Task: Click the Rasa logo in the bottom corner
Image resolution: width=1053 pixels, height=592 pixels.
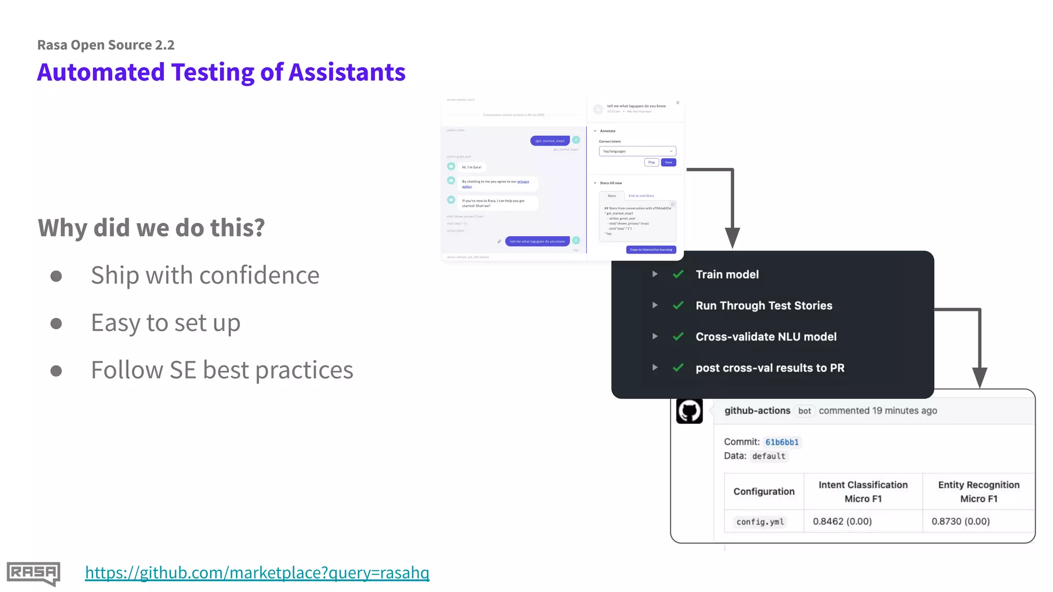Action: (x=33, y=573)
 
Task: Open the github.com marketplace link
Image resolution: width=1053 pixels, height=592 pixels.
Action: (x=257, y=572)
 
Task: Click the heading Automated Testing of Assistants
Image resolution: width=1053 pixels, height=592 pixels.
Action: (x=221, y=72)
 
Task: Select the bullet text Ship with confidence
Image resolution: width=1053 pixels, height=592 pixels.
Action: (x=205, y=275)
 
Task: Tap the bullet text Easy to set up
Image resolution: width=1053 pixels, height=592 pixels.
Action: (x=166, y=323)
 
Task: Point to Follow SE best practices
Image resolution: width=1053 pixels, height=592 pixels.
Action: (x=222, y=370)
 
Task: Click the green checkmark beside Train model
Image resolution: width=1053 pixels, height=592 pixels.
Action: (x=678, y=274)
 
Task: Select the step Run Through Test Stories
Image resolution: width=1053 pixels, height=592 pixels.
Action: (x=764, y=306)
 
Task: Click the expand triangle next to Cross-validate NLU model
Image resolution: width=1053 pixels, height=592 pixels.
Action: (x=655, y=337)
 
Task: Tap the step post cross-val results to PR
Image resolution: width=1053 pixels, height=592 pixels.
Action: (x=770, y=368)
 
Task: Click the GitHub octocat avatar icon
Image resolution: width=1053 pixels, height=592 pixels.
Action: (x=689, y=411)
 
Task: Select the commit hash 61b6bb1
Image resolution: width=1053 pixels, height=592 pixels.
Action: (x=782, y=442)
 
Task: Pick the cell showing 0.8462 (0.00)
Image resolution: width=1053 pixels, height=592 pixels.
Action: (x=842, y=521)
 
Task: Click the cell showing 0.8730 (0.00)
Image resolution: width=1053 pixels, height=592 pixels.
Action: (x=960, y=521)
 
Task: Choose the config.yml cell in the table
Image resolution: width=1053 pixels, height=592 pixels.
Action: (x=760, y=522)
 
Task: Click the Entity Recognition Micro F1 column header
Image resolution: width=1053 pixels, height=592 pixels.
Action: (x=978, y=491)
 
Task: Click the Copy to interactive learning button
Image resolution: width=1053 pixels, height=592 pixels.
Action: (x=651, y=250)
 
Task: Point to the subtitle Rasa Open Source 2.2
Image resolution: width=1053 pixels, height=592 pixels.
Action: (x=106, y=45)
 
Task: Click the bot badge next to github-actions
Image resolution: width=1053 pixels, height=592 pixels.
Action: (x=804, y=411)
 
